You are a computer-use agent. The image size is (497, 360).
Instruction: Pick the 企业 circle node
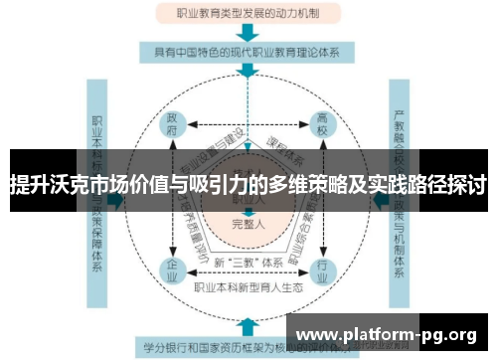pyautogui.click(x=172, y=269)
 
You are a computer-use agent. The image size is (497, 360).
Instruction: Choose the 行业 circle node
pyautogui.click(x=322, y=269)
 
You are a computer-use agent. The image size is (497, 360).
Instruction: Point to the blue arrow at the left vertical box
pyautogui.click(x=115, y=200)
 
